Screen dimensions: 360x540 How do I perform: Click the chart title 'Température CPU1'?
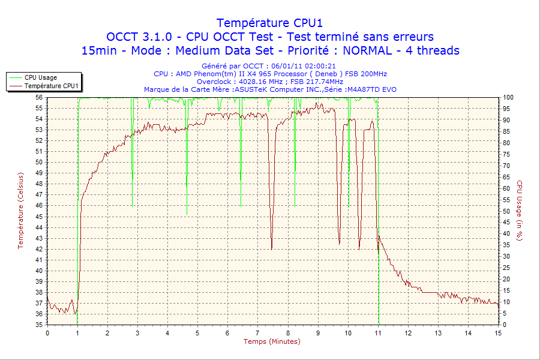(270, 23)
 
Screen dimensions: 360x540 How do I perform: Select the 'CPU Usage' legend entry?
(41, 77)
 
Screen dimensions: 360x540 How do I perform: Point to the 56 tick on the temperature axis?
(39, 97)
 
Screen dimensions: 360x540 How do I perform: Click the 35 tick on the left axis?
(39, 325)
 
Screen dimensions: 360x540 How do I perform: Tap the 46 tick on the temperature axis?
(39, 205)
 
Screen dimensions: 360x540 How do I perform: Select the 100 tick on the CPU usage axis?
(508, 97)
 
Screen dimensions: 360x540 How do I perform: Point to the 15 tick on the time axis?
(498, 332)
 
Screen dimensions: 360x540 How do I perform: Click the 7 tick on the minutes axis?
(257, 332)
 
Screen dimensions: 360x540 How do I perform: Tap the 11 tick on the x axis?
(378, 332)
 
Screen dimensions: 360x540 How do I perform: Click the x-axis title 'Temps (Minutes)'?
(272, 341)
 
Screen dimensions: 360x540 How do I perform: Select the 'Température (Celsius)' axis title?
(20, 210)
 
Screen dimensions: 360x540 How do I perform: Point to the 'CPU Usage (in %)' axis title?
(520, 210)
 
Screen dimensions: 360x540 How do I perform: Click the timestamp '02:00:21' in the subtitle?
(319, 66)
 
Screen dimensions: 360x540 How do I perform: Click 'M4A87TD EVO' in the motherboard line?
(372, 89)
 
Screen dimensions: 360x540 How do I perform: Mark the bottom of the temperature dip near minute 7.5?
(272, 248)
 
